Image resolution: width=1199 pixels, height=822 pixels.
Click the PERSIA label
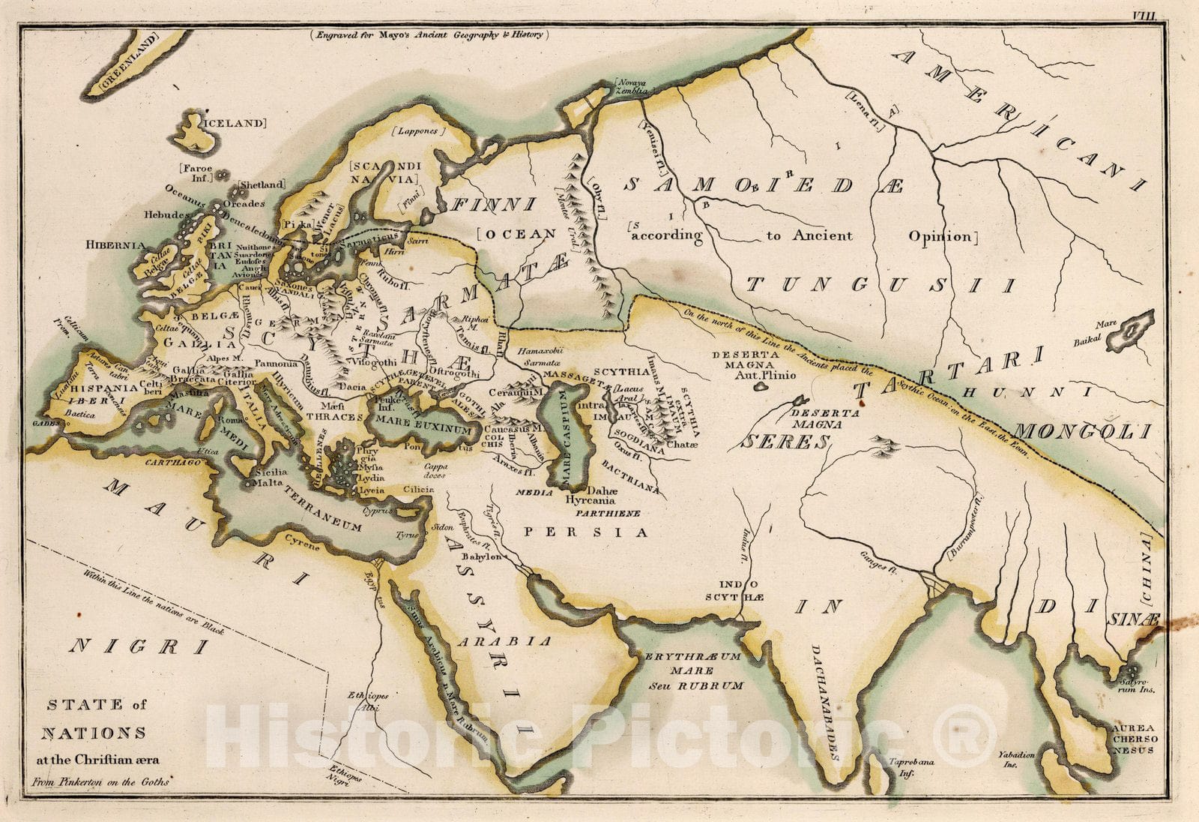coord(585,532)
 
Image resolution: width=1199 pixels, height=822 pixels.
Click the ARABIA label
coord(505,641)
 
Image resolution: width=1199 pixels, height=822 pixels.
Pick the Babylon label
coord(481,557)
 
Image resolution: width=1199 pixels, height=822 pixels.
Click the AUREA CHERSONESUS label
coord(1134,739)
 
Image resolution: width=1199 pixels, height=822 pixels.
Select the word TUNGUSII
coord(881,285)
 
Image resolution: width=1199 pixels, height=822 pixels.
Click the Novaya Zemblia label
coord(631,86)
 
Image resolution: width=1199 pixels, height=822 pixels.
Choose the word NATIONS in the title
coord(94,733)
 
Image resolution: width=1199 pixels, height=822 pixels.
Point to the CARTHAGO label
coord(175,463)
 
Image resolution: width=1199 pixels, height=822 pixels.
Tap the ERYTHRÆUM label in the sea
coord(692,656)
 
